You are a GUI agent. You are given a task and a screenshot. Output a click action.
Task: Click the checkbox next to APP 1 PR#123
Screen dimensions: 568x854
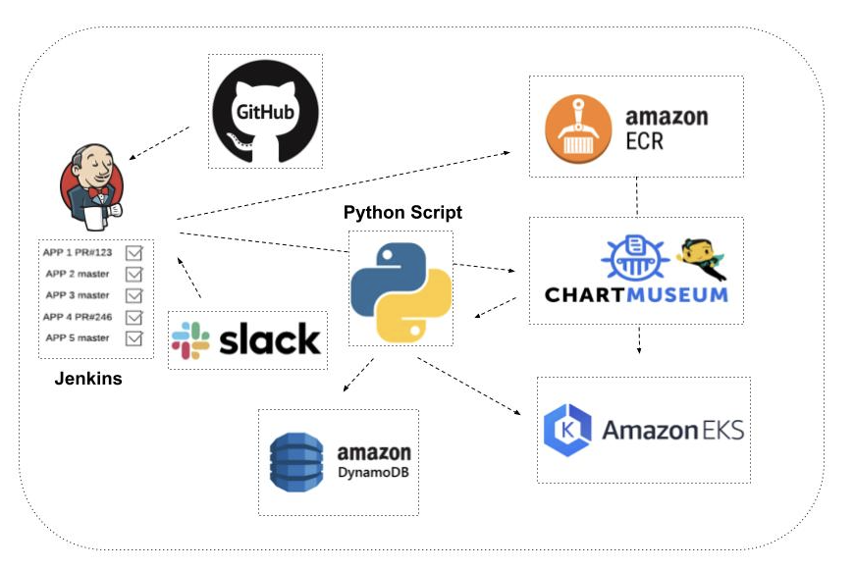click(134, 253)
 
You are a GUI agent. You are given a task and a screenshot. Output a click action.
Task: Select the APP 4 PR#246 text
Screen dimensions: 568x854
click(80, 317)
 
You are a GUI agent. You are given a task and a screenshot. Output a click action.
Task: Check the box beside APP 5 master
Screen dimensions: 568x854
click(134, 338)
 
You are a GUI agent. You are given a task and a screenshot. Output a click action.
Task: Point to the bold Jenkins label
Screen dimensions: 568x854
click(88, 378)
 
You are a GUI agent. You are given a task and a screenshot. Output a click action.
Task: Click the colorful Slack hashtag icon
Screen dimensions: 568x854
click(190, 339)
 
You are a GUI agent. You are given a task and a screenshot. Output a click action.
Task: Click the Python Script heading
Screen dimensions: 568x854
click(402, 213)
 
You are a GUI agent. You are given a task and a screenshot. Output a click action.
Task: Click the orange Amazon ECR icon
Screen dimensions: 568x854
click(579, 128)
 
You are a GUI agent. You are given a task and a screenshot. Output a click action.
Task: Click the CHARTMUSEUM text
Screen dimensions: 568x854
click(636, 293)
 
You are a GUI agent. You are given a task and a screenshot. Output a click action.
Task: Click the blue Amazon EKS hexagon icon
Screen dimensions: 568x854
click(567, 430)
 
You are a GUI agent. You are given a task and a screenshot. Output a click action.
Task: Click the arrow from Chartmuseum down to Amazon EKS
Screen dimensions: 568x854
click(640, 341)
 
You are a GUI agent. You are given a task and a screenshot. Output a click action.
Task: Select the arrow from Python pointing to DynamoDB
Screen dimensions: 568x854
click(358, 375)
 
